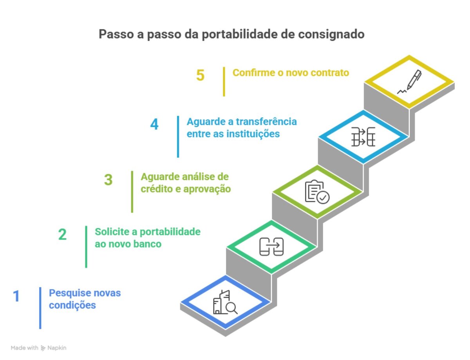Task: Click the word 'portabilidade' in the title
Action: point(240,34)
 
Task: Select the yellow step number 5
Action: point(200,75)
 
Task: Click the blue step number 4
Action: point(154,124)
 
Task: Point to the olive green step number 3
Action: point(108,180)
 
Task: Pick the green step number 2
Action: point(62,234)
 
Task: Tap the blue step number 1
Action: point(16,296)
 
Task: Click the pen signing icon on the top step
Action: point(409,82)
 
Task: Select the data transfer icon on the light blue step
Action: point(363,137)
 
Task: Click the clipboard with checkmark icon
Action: point(317,192)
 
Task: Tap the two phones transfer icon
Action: point(271,247)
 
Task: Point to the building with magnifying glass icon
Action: point(225,302)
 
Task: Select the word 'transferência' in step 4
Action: point(266,122)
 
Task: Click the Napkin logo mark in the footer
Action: point(43,348)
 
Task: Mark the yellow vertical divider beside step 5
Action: point(224,82)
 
